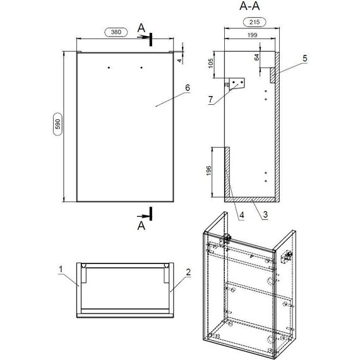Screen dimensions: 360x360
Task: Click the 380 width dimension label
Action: (x=116, y=32)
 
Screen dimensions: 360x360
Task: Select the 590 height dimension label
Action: (x=58, y=124)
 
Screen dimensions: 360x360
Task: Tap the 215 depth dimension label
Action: (x=255, y=22)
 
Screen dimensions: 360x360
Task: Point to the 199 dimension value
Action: (x=252, y=35)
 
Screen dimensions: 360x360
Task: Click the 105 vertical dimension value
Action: (x=211, y=63)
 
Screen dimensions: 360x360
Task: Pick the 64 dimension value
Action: (x=256, y=57)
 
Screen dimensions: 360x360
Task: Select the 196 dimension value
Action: (x=208, y=171)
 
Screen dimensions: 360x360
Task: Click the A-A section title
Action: (x=249, y=6)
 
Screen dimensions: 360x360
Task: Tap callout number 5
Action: (x=304, y=58)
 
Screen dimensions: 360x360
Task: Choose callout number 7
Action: (x=210, y=100)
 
